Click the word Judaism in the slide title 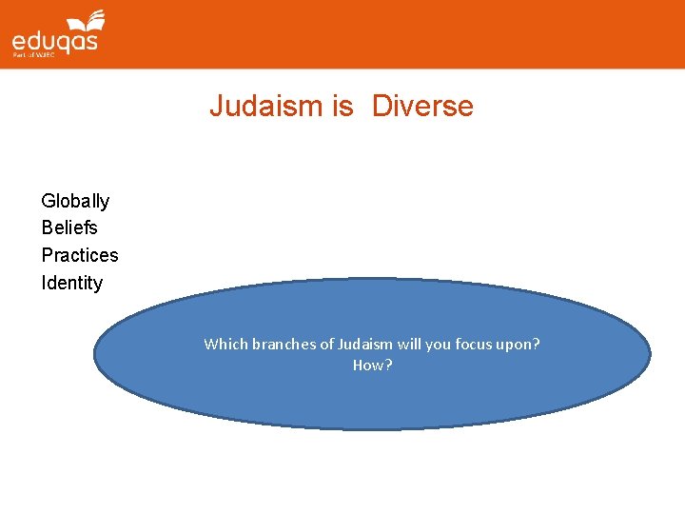266,106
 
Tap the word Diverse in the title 422,106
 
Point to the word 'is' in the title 342,106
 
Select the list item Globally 75,201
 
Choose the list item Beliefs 69,227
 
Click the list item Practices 80,255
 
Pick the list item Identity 71,283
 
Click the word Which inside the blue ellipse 225,345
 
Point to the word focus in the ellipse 475,345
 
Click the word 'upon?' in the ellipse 519,345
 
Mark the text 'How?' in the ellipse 372,366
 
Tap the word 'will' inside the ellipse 411,345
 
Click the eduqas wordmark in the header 54,42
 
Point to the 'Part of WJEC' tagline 33,57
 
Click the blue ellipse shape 372,400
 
